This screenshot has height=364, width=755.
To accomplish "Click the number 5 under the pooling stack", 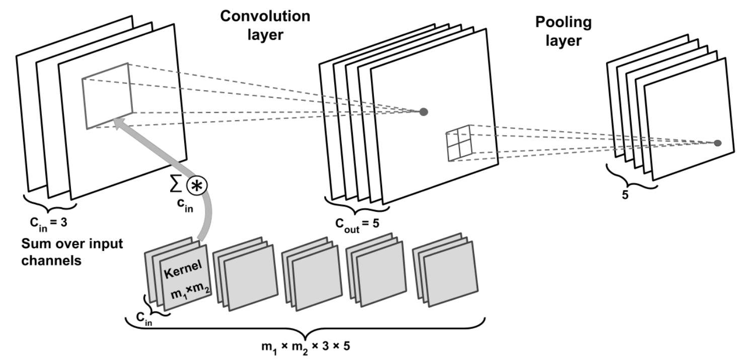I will click(625, 194).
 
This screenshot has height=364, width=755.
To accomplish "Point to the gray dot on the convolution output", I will click(424, 111).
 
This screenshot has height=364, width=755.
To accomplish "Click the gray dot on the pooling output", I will click(718, 144).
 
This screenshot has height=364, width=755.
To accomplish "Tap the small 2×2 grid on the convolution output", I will click(458, 143).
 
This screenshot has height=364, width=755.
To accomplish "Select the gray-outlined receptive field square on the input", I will click(107, 96).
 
